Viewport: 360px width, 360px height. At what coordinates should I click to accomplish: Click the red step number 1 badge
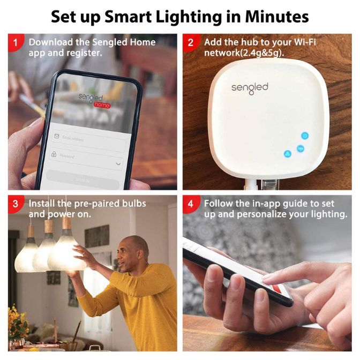click(x=16, y=42)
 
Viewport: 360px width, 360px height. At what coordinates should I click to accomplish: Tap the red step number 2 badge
click(x=191, y=42)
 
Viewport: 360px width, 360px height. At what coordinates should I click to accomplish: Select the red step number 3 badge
click(x=16, y=204)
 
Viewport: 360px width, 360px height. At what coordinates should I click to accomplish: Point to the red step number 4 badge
click(x=191, y=204)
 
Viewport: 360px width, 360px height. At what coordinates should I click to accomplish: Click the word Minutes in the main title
click(x=277, y=17)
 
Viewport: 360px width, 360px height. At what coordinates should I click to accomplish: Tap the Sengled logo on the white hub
click(x=250, y=87)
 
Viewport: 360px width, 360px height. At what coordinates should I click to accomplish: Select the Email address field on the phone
click(x=88, y=138)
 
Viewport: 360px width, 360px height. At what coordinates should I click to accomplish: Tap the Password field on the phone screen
click(x=86, y=156)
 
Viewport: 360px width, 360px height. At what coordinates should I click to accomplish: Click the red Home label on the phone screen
click(x=101, y=105)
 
